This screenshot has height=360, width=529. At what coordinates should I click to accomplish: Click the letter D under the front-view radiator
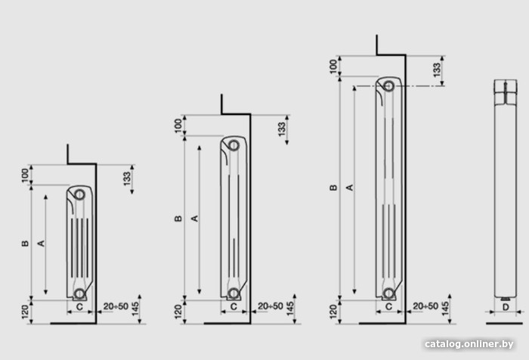coord(506,307)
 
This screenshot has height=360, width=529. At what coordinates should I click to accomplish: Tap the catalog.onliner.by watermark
coord(469,344)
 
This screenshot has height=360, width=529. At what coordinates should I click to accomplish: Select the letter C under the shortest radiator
coord(79,307)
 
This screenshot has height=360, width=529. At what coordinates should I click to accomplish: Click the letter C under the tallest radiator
coord(388,306)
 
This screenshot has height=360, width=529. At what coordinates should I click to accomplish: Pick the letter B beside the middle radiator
coord(178,219)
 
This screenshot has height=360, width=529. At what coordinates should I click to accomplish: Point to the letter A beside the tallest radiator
coord(350,188)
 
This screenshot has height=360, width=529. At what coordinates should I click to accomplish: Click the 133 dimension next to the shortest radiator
coord(127,179)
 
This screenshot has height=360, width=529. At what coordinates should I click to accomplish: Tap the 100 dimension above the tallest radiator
coord(333,67)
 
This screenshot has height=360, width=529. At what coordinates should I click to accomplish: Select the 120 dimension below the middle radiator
coord(178,312)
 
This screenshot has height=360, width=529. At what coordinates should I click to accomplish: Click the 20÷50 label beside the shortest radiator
coord(116,306)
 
